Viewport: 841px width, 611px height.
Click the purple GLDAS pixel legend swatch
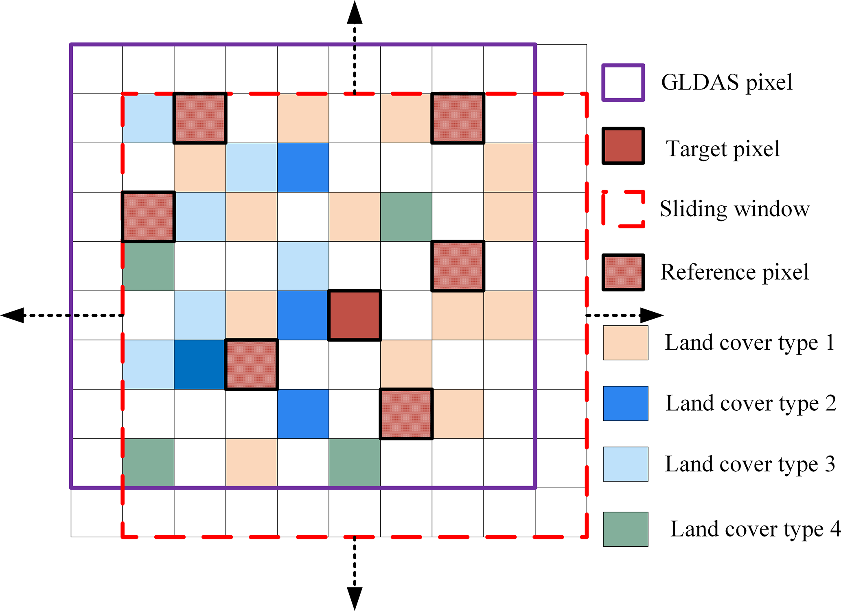(x=623, y=82)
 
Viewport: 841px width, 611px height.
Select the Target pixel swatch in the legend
(x=623, y=146)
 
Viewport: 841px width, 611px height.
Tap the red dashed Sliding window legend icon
(x=623, y=208)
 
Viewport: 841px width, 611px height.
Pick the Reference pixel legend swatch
(x=623, y=272)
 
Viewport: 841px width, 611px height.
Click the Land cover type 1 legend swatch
(x=625, y=343)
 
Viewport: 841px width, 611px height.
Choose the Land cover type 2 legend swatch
(x=625, y=403)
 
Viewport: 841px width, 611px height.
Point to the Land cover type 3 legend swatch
(x=625, y=464)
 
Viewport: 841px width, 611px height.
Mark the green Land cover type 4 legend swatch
(x=625, y=529)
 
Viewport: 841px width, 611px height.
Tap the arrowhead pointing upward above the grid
(x=355, y=12)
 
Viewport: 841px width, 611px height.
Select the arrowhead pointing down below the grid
(x=355, y=598)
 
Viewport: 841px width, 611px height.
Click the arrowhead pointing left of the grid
(x=12, y=315)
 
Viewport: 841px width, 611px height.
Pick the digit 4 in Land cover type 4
(x=835, y=529)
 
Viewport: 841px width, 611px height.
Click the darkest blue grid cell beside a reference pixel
(x=199, y=365)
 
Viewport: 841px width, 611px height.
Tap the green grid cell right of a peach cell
(x=406, y=217)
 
